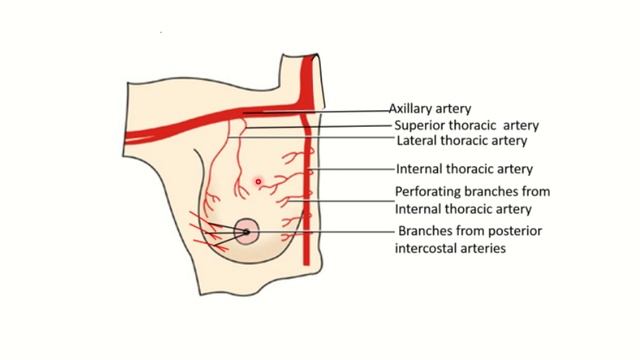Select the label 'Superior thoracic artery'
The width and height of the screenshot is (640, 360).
(x=467, y=125)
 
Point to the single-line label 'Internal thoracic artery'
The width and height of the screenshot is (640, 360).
(x=464, y=169)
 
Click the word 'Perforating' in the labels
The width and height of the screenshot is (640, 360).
(x=427, y=191)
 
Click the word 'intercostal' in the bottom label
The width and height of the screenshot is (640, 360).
(x=429, y=249)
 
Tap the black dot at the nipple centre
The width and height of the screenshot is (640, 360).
(x=245, y=232)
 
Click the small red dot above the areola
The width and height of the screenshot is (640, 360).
(x=258, y=181)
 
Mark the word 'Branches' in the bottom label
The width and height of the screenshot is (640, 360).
(x=427, y=231)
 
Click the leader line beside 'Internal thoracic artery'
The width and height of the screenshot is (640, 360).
(x=350, y=170)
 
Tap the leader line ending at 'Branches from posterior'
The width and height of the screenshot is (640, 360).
(x=320, y=232)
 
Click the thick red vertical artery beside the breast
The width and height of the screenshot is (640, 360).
(x=308, y=170)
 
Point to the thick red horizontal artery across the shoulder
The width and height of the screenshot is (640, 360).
(x=200, y=117)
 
